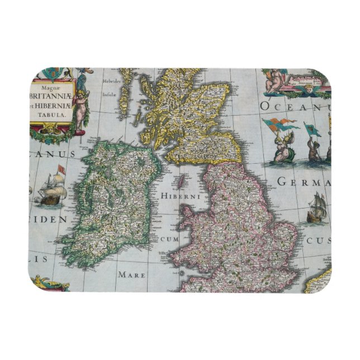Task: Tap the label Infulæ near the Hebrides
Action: (110, 95)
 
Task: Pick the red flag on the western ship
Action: (61, 168)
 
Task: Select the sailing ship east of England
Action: (316, 209)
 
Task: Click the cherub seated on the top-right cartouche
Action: (273, 79)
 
